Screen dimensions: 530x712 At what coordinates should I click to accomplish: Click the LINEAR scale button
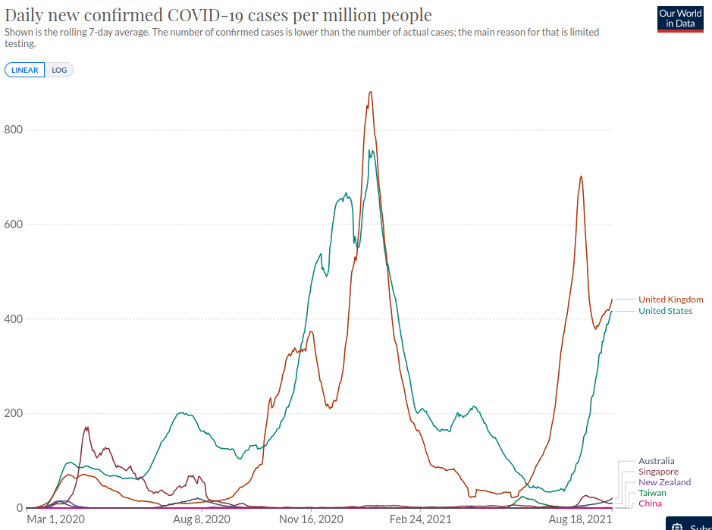point(25,71)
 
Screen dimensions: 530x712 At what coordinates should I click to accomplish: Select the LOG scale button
point(59,71)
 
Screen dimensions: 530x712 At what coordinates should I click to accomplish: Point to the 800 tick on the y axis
point(13,130)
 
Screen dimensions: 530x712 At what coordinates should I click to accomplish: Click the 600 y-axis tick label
point(13,224)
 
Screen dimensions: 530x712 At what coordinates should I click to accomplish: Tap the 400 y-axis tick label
point(13,319)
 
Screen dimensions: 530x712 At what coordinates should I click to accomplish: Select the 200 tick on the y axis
point(13,413)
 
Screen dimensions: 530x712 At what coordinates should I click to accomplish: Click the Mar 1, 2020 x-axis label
point(56,519)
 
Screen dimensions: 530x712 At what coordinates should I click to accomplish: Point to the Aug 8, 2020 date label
point(201,519)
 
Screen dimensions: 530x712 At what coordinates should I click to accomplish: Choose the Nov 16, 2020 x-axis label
point(311,519)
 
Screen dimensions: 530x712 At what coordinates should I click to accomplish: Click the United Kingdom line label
point(670,299)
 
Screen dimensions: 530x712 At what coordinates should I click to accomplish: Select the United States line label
point(665,311)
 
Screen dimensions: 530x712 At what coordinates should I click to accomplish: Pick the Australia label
point(656,461)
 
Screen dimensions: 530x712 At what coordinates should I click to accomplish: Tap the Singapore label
point(658,472)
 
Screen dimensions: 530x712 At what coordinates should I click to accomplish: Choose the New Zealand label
point(664,482)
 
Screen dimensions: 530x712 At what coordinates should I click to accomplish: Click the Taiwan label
point(652,493)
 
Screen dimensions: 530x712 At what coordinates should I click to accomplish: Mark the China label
point(650,503)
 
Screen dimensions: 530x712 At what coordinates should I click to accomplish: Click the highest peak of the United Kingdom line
point(370,92)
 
